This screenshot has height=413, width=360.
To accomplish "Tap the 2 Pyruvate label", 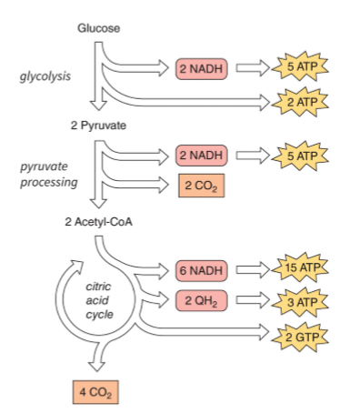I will tap(99, 125).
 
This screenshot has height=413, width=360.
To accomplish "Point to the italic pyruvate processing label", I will tap(47, 175).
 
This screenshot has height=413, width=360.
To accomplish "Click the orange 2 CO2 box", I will tap(200, 186).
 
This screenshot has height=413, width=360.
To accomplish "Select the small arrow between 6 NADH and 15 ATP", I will tap(254, 270).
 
